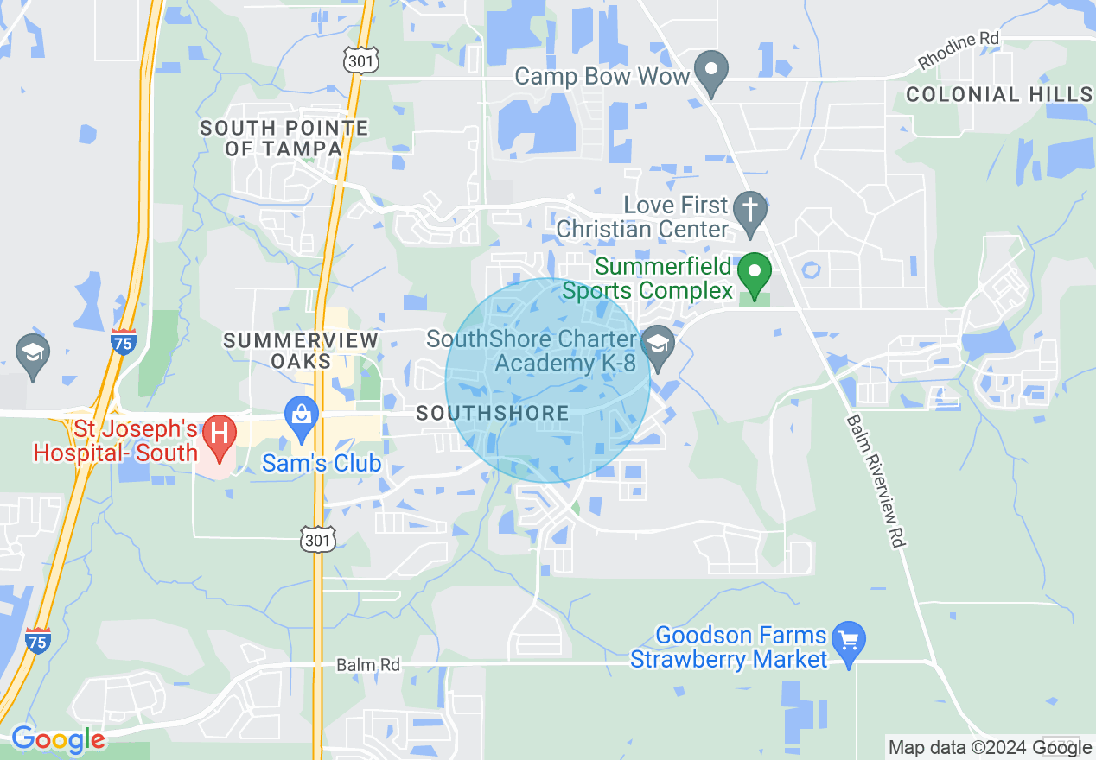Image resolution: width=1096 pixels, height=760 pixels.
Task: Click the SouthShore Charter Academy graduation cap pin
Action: tap(660, 345)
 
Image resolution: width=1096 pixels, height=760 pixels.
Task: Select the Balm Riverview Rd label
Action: tap(875, 480)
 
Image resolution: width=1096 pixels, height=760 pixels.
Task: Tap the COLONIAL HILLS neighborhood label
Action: tap(999, 95)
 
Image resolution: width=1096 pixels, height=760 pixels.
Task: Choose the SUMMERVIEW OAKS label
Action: tap(301, 351)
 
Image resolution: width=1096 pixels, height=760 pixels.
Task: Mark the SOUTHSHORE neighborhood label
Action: tap(493, 414)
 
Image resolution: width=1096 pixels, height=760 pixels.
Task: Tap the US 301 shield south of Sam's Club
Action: tap(316, 540)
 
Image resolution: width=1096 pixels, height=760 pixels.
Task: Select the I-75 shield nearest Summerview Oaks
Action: tap(124, 341)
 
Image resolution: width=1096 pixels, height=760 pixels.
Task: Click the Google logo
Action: tap(58, 740)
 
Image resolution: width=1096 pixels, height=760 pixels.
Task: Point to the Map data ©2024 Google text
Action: tap(990, 748)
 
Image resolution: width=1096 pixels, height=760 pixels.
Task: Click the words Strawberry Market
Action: tap(729, 660)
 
